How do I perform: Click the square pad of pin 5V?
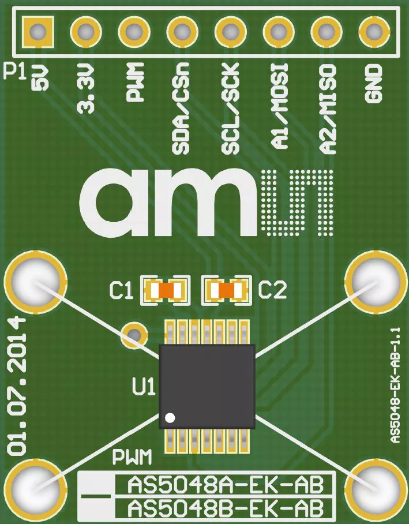[37, 31]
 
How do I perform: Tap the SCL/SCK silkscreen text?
[230, 116]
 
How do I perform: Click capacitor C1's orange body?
[168, 290]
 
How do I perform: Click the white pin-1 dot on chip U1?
[169, 417]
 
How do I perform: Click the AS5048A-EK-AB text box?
[224, 485]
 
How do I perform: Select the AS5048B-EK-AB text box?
[224, 509]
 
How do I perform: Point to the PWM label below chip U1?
[132, 459]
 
